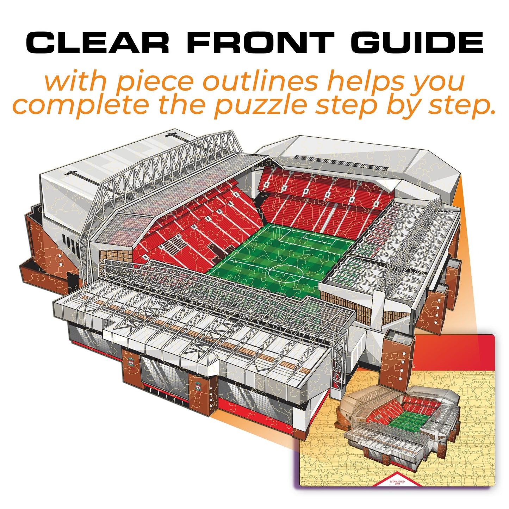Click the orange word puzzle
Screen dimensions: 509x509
coord(261,105)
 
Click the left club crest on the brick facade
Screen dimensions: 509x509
coord(131,362)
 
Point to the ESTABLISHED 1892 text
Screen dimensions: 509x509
coord(397,482)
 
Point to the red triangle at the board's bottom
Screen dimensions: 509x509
coord(397,479)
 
